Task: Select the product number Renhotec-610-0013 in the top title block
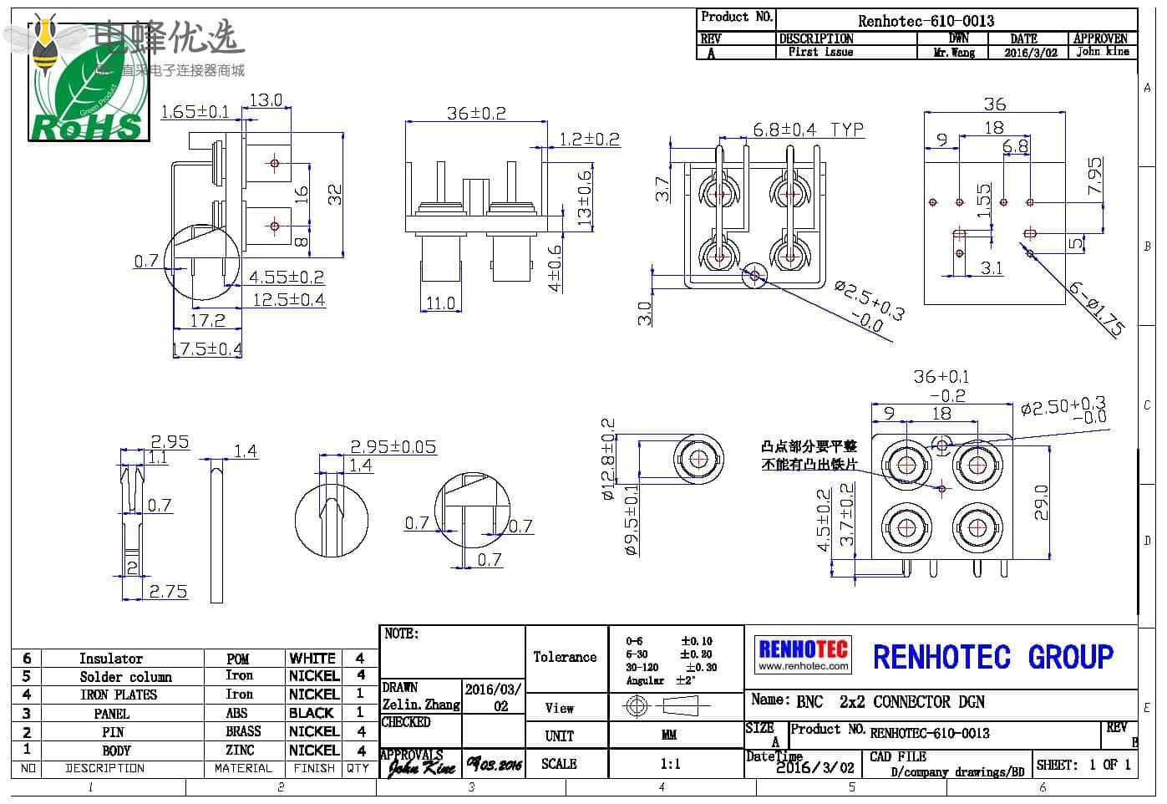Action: [x=926, y=21]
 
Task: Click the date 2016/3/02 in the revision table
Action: [x=1030, y=52]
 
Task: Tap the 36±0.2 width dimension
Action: [x=475, y=113]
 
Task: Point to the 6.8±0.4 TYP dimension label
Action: [x=808, y=130]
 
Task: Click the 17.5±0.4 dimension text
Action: [x=206, y=349]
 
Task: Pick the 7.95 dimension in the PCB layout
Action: [x=1093, y=176]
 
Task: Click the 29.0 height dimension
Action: [x=1042, y=502]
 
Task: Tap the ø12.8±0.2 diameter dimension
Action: [x=608, y=459]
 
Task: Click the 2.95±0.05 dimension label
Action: [x=393, y=447]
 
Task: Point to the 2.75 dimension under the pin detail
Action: [x=168, y=591]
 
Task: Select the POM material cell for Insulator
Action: [x=238, y=659]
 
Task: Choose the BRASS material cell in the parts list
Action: [x=242, y=731]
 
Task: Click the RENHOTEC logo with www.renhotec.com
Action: [x=803, y=654]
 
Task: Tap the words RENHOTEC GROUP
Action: [x=992, y=657]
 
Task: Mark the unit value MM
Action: [x=668, y=735]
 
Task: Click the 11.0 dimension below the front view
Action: [x=440, y=303]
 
